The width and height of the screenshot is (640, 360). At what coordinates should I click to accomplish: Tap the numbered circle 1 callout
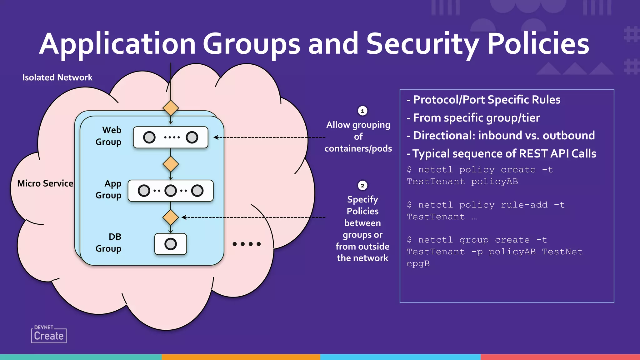[362, 111]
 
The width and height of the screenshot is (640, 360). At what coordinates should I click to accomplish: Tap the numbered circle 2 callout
[362, 186]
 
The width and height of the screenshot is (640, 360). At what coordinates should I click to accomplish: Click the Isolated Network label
[57, 77]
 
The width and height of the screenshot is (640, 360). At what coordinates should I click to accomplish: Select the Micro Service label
[45, 183]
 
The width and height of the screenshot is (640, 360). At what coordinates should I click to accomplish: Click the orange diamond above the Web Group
[171, 108]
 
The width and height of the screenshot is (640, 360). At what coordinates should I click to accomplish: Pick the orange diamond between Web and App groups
[171, 164]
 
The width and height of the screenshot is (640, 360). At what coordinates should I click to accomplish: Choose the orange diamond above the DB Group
[171, 217]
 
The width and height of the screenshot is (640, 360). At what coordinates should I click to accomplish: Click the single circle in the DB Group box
[171, 244]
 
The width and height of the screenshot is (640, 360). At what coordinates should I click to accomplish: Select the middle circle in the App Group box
[171, 191]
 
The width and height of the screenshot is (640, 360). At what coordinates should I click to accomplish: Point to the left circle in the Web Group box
[149, 137]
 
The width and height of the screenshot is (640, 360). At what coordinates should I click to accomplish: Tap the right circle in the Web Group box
[192, 137]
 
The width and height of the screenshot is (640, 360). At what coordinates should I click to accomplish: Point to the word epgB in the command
[418, 264]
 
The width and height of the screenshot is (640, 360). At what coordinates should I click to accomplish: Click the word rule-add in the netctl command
[524, 205]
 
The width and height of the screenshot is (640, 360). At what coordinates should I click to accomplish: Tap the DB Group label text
[108, 243]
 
